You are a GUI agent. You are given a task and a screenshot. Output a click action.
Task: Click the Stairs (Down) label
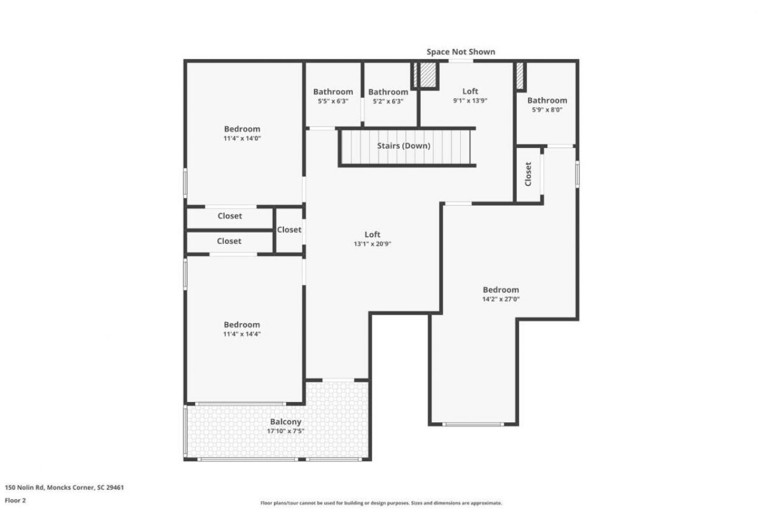403,146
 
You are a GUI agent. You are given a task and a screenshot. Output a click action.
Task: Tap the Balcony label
286,422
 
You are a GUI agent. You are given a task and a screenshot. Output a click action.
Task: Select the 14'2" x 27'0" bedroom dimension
501,299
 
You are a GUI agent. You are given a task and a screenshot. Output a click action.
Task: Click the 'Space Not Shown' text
460,52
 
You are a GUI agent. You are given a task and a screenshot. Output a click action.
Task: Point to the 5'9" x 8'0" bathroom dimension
547,110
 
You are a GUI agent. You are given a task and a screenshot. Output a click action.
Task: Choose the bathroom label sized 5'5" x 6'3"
333,92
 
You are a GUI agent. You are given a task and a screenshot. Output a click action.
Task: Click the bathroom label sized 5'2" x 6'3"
388,92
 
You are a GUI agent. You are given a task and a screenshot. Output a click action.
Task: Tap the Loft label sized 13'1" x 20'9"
372,234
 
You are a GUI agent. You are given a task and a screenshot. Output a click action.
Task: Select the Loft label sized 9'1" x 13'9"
470,91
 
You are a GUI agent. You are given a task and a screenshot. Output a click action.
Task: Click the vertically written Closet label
528,174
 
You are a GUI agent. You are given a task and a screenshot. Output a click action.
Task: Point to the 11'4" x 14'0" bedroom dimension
242,138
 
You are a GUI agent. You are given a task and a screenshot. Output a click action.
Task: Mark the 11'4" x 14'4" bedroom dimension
242,334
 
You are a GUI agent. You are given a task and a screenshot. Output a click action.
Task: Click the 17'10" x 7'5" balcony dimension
286,431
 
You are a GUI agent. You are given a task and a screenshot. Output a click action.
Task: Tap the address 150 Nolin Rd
64,487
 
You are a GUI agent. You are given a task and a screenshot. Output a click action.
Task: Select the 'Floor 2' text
16,500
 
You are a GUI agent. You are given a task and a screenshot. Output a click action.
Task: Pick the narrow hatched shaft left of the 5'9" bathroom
520,76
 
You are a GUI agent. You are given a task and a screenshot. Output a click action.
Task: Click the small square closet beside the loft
289,230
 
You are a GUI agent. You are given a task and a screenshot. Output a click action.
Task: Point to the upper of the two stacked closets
229,216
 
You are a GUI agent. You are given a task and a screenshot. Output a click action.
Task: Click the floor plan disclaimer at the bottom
381,503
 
